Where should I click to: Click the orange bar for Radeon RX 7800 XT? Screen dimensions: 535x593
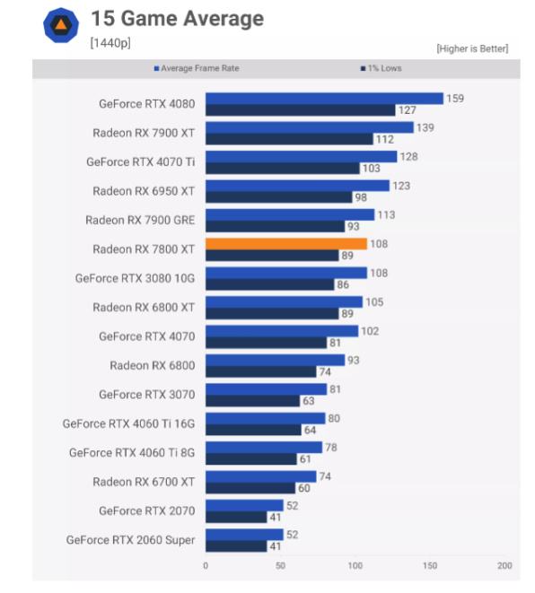[x=286, y=244]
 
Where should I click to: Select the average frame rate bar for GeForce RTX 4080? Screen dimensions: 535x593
[x=324, y=99]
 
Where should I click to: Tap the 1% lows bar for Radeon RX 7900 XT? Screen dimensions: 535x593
[x=289, y=139]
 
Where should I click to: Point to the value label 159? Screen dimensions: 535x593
[x=455, y=99]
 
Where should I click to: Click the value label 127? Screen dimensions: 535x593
[x=408, y=110]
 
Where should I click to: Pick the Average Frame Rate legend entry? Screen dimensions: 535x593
[x=197, y=68]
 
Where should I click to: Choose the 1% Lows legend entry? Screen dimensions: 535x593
[x=381, y=68]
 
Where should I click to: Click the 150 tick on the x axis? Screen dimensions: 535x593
[x=430, y=565]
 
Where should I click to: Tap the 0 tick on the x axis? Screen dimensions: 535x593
[x=206, y=565]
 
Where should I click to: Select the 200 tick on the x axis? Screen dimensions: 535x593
[x=504, y=565]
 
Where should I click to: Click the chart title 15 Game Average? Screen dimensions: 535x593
[x=178, y=19]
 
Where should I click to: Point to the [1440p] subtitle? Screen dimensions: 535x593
[x=110, y=43]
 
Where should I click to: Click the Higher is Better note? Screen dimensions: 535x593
[x=472, y=48]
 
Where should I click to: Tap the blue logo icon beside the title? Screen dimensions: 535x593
[x=61, y=25]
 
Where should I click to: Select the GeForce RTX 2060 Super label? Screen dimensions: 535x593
[x=130, y=540]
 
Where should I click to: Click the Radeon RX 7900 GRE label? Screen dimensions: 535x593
[x=140, y=220]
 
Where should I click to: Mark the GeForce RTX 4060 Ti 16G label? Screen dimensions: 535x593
[x=128, y=423]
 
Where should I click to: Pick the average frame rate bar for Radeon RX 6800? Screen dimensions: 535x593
[x=275, y=360]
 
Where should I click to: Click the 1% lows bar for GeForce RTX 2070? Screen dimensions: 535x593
[x=236, y=517]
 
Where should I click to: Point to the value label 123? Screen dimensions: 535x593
[x=401, y=186]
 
